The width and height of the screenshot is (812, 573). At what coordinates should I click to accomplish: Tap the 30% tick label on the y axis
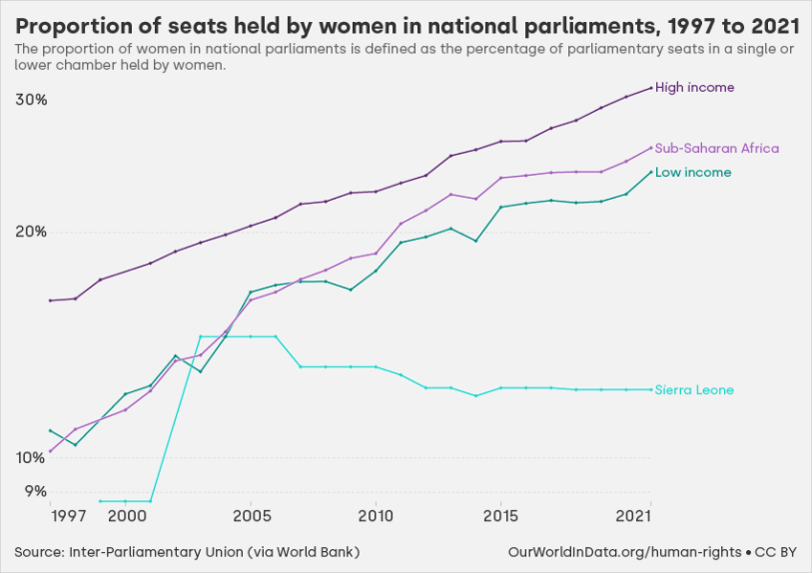(x=32, y=100)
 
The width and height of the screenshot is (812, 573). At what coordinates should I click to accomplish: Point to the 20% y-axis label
(x=32, y=232)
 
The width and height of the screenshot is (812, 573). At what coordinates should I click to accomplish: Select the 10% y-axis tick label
(x=32, y=457)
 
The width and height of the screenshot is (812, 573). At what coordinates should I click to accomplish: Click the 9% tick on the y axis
(x=35, y=490)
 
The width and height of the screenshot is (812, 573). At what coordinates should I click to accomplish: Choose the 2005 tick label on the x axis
(x=251, y=516)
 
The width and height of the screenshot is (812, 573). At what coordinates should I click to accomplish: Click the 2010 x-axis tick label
(x=376, y=516)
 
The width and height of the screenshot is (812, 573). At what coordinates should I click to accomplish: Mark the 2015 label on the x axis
(x=500, y=516)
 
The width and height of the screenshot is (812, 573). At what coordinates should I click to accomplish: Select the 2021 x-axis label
(x=635, y=516)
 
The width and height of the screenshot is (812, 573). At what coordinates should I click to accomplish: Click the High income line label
(x=694, y=88)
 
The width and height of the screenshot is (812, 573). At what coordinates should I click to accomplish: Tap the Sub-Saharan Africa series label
(x=716, y=149)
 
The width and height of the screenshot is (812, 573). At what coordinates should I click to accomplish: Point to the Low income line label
(x=692, y=173)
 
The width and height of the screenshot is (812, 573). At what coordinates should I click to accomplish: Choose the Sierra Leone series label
(x=694, y=390)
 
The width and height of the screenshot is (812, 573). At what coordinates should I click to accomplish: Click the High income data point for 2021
(x=651, y=88)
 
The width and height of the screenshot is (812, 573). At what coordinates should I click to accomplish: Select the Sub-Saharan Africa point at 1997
(x=50, y=451)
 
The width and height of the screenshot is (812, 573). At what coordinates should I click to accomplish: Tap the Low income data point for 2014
(x=476, y=241)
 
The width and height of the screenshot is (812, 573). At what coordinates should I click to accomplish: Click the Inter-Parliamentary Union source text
(x=187, y=552)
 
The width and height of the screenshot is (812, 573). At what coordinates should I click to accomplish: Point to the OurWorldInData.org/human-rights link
(x=624, y=552)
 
